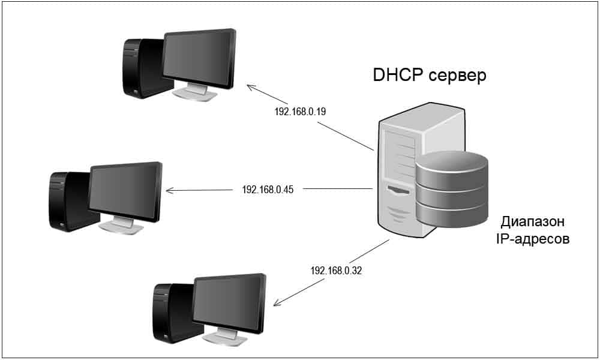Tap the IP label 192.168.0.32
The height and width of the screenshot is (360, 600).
click(x=336, y=271)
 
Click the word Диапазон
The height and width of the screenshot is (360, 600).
click(x=533, y=221)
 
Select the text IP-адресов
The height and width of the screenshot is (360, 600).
click(x=533, y=239)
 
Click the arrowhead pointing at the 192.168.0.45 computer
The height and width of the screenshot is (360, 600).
click(x=169, y=191)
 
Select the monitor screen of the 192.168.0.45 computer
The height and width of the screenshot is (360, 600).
click(x=125, y=191)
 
